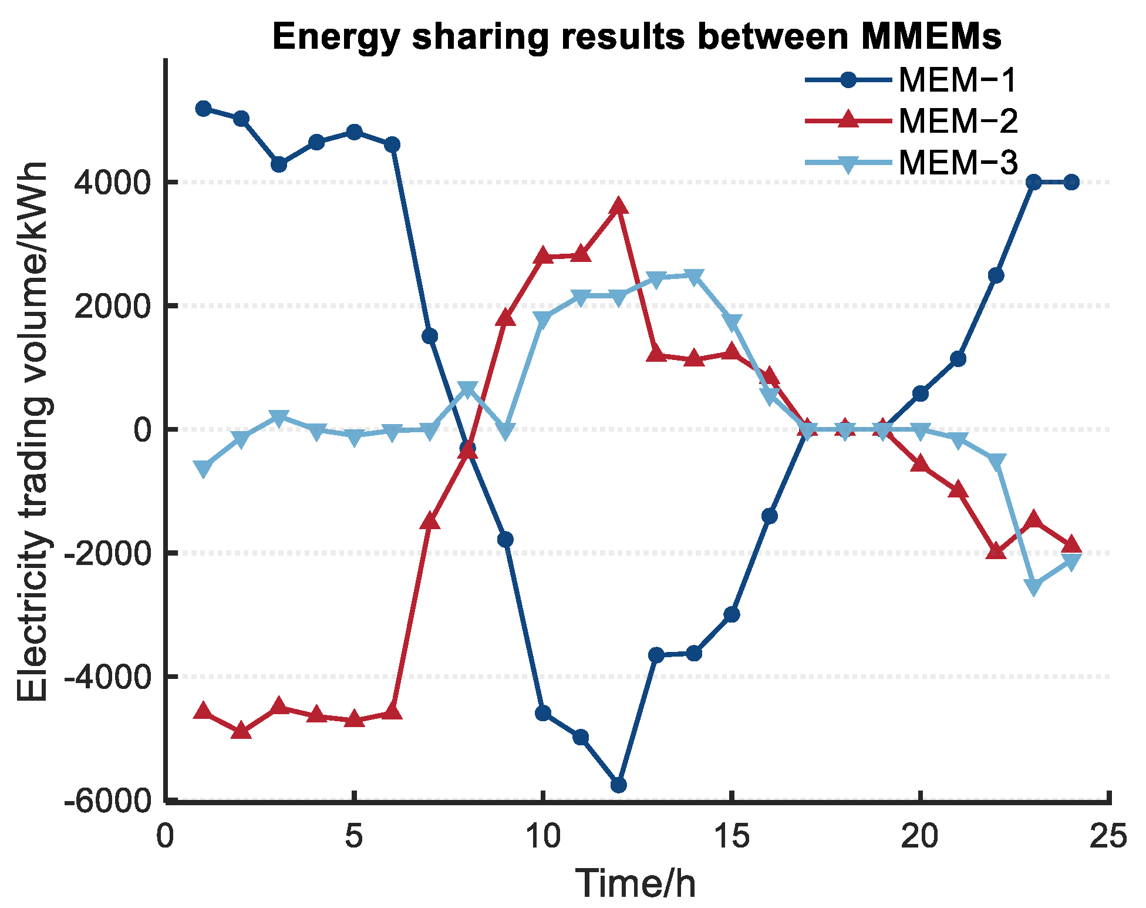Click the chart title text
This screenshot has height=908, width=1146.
tap(637, 36)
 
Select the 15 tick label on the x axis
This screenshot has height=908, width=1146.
tap(732, 836)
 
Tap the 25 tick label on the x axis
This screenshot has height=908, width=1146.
tap(1108, 836)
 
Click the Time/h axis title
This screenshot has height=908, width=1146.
tap(636, 883)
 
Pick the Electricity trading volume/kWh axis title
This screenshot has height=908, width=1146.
tap(33, 432)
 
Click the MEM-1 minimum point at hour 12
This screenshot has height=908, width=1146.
tap(619, 785)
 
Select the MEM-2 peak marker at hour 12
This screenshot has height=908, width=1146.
tap(619, 206)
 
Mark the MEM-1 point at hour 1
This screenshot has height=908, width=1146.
tap(204, 109)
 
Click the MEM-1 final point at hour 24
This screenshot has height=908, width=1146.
tap(1071, 182)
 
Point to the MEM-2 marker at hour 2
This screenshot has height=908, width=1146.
tap(241, 731)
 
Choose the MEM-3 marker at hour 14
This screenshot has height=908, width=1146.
tap(695, 277)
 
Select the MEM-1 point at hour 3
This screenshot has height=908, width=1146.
tap(279, 164)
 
